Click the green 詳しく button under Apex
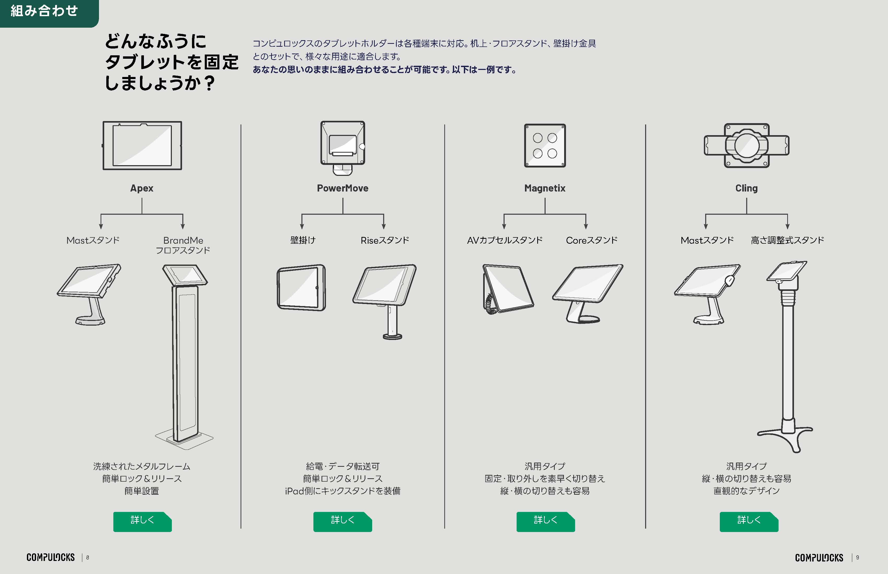142,522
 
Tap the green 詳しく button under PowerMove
342,522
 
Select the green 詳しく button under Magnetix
546,522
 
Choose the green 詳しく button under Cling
749,522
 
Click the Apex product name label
142,188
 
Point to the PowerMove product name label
342,188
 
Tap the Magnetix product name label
545,188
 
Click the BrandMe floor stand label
183,245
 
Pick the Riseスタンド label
385,240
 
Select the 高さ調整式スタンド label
787,240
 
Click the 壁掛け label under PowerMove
303,240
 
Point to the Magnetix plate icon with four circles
545,145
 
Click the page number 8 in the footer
88,558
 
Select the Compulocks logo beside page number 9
819,558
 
